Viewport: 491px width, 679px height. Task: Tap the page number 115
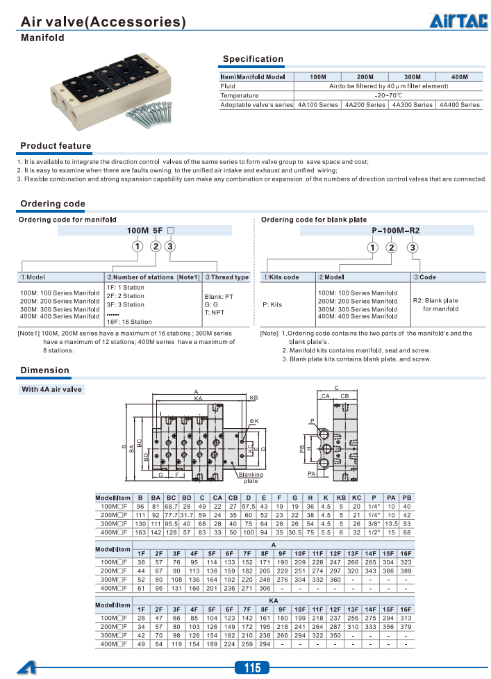(252, 668)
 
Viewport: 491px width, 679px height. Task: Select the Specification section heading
(253, 59)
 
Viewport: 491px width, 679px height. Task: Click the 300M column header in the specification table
(413, 76)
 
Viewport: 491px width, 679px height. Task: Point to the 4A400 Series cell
(460, 105)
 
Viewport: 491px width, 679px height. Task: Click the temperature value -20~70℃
(388, 95)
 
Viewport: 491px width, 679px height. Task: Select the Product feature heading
(56, 146)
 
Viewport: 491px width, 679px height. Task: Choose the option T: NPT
(215, 313)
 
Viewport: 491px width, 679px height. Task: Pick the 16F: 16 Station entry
(129, 322)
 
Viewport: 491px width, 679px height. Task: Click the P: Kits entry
(272, 304)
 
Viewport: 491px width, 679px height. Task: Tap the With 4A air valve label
(51, 389)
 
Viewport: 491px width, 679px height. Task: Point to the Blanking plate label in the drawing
(250, 477)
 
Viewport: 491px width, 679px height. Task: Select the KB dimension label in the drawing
(253, 398)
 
